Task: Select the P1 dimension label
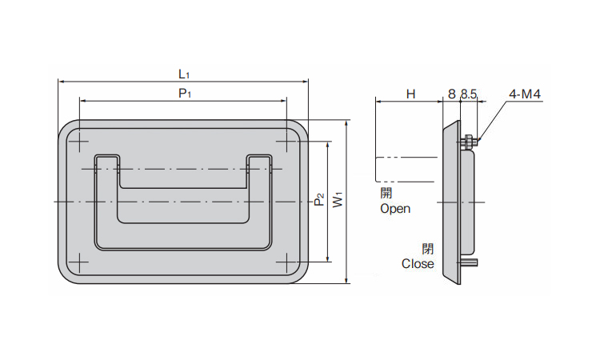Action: [183, 94]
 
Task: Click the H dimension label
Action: [410, 94]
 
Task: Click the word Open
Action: [395, 209]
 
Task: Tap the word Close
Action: [418, 263]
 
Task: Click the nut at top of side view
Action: [467, 142]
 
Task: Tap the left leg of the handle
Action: [106, 200]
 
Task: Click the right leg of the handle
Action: [260, 200]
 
